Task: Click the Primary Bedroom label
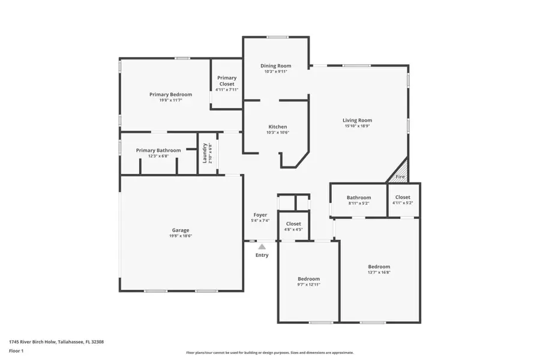[x=170, y=94]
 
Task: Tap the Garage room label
[x=181, y=230]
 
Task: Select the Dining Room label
[x=276, y=65]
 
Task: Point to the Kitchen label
[x=277, y=127]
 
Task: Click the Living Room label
[x=357, y=120]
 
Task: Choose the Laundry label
[x=205, y=153]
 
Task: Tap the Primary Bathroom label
[x=158, y=150]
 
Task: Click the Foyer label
[x=260, y=214]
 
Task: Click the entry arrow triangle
[x=262, y=245]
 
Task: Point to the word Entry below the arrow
[x=262, y=255]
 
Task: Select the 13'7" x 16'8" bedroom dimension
[x=379, y=272]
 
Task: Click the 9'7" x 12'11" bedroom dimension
[x=309, y=284]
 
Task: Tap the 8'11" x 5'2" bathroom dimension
[x=359, y=203]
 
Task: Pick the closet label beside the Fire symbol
[x=403, y=197]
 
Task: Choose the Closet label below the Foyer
[x=293, y=223]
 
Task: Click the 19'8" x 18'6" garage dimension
[x=181, y=236]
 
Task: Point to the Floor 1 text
[x=16, y=350]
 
